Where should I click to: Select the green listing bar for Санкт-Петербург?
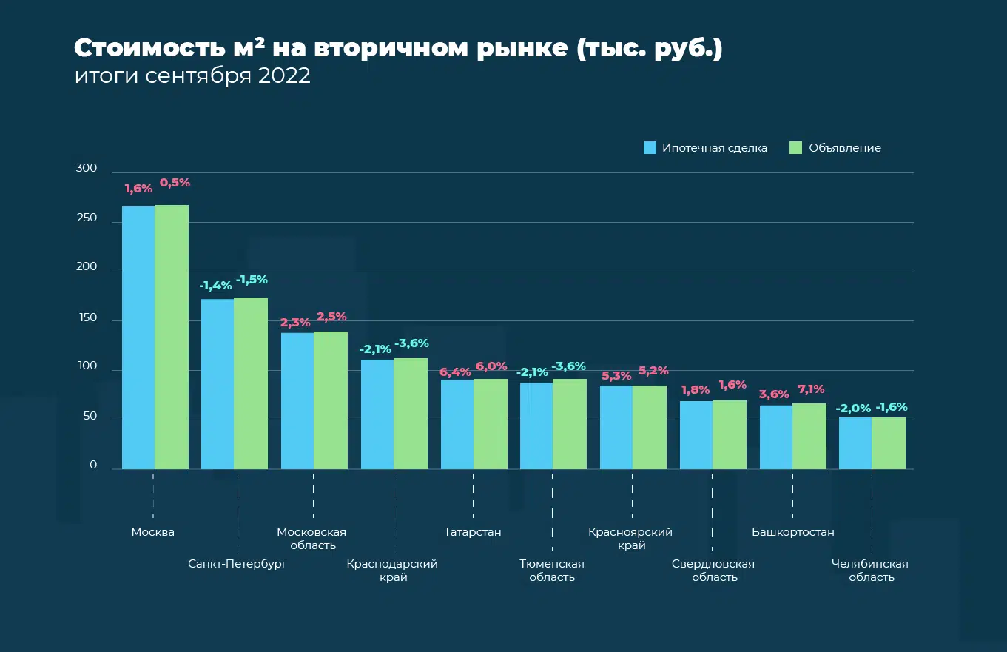(x=251, y=383)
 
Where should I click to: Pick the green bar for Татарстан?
(x=491, y=423)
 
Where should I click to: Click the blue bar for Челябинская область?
(x=855, y=443)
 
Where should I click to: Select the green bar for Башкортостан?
(x=809, y=436)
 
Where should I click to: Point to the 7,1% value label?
(x=811, y=389)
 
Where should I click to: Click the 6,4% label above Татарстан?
(x=456, y=372)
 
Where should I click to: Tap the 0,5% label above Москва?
(x=175, y=182)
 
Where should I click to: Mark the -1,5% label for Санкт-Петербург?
(x=252, y=280)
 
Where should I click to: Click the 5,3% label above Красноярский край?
(x=615, y=377)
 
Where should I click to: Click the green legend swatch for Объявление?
(x=796, y=148)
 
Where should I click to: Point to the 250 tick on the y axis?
(x=87, y=218)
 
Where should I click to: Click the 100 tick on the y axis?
(x=87, y=366)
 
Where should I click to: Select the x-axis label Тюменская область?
(x=552, y=571)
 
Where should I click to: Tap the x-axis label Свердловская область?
(x=713, y=571)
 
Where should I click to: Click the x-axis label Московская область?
(x=311, y=539)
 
